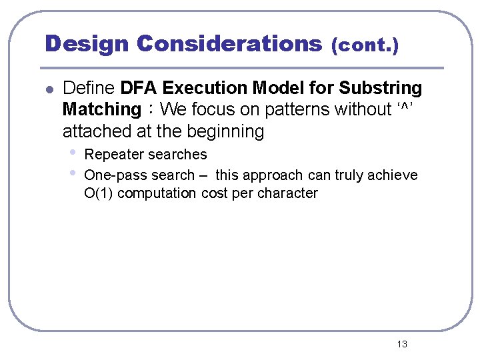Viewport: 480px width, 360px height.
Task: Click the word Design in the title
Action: (87, 44)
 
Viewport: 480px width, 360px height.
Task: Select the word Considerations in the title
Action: (229, 44)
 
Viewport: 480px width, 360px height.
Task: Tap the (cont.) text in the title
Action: (365, 46)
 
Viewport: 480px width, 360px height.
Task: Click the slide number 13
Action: (401, 344)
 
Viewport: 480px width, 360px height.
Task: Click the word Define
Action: (89, 88)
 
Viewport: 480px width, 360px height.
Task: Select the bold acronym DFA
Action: (139, 88)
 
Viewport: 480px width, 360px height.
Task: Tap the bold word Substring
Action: (380, 88)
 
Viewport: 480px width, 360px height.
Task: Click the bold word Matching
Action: (101, 109)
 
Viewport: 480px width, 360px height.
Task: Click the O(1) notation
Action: (99, 194)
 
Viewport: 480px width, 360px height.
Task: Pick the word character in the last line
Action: (289, 194)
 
